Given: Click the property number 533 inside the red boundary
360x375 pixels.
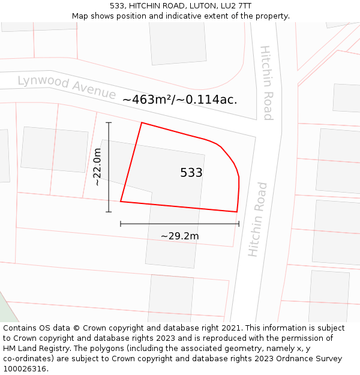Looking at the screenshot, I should (x=191, y=173).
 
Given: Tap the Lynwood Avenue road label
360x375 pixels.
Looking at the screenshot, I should (x=67, y=87).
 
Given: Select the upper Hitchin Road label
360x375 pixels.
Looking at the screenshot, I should (x=267, y=83).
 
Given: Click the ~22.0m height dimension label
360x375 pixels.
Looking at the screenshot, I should (x=97, y=167).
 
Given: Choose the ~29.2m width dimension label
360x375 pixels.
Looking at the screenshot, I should (x=179, y=236).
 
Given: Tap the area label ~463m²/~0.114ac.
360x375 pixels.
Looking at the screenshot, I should (x=179, y=100).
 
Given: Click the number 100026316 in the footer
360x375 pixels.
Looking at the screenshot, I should (x=24, y=369).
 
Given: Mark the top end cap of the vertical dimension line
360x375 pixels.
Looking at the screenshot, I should (x=109, y=122).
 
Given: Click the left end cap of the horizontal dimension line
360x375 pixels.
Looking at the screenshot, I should (x=121, y=224).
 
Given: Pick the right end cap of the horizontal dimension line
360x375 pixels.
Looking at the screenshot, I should (x=239, y=224).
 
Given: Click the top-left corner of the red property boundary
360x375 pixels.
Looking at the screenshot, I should (x=142, y=123).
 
